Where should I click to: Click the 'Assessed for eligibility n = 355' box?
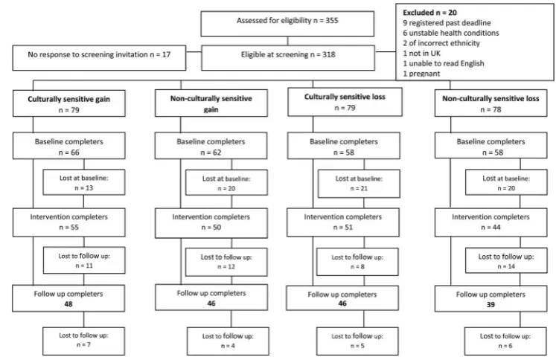(287, 24)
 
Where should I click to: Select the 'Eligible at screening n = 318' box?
(288, 58)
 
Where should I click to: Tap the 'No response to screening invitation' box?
(99, 58)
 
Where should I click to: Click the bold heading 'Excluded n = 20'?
(429, 13)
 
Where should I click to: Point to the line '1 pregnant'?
(421, 74)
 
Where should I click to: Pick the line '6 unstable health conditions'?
(451, 33)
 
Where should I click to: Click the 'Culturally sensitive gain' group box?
(69, 103)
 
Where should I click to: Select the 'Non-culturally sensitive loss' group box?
(491, 103)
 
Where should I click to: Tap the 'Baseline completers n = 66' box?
(69, 146)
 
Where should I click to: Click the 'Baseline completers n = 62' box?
(211, 146)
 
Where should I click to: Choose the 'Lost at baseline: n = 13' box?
(84, 182)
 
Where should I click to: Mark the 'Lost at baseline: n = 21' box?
(359, 184)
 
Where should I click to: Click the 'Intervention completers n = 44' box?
(491, 222)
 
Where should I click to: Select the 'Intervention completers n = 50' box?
(211, 223)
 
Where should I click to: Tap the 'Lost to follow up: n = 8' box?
(357, 262)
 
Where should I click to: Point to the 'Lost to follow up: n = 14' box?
(506, 260)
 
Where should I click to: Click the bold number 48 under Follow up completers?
(68, 304)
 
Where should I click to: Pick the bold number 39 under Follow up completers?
(491, 305)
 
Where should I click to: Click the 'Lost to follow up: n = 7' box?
(83, 341)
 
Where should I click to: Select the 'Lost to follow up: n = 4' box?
(228, 341)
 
